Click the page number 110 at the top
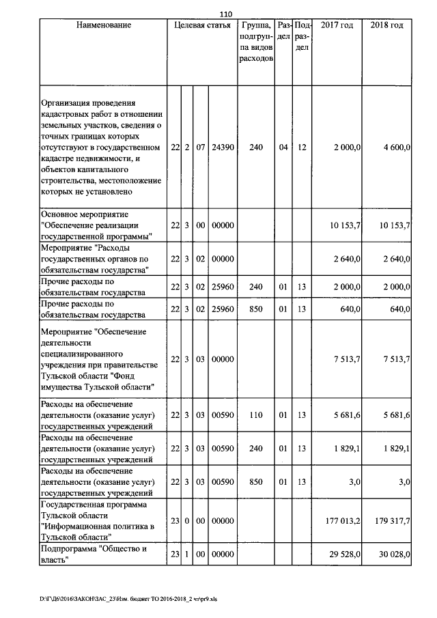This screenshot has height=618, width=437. pyautogui.click(x=226, y=12)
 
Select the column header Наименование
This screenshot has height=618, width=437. pyautogui.click(x=103, y=26)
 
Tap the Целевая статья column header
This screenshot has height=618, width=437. pyautogui.click(x=202, y=26)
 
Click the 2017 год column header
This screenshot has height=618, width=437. pyautogui.click(x=337, y=26)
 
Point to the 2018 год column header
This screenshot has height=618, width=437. pyautogui.click(x=386, y=26)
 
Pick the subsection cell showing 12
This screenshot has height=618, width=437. pyautogui.click(x=302, y=148)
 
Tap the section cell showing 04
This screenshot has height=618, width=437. pyautogui.click(x=283, y=148)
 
